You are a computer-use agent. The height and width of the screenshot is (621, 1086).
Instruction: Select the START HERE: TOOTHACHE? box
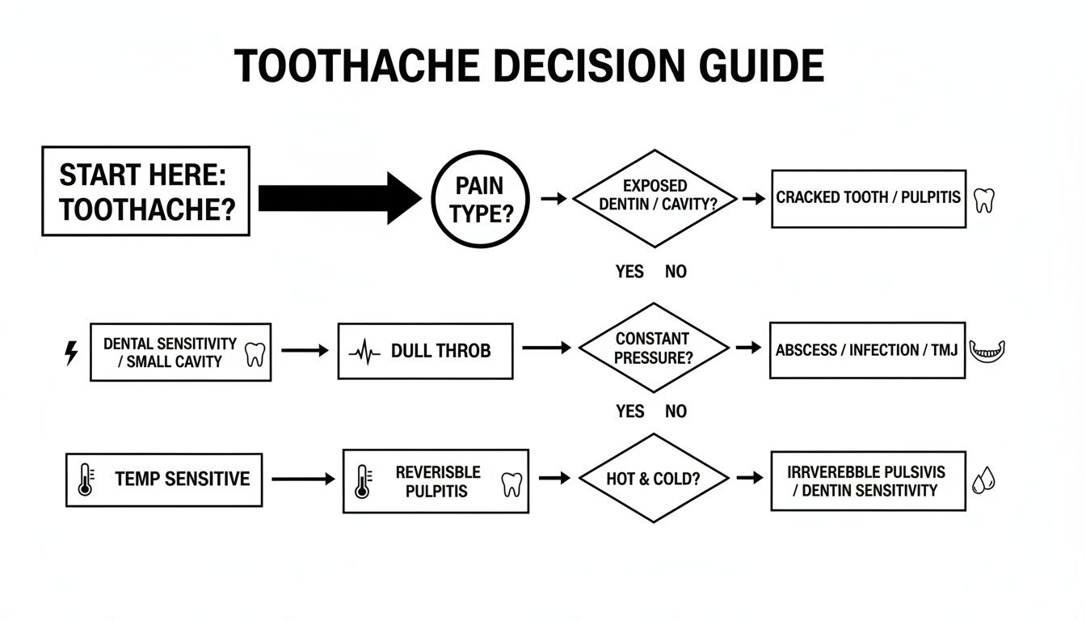point(145,191)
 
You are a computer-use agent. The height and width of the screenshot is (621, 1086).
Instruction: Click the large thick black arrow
point(339,198)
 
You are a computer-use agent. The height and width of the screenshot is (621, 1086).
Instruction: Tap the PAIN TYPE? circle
point(479,198)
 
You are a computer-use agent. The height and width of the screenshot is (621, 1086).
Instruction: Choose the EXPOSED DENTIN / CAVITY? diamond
point(655,197)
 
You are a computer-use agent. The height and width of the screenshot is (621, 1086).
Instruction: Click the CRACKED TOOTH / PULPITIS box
point(868,198)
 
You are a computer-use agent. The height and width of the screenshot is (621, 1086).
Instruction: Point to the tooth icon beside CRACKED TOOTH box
point(983,200)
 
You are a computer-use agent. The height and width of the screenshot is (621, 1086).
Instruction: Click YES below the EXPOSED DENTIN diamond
point(629,272)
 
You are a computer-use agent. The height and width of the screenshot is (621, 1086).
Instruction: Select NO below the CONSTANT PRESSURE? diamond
point(676,412)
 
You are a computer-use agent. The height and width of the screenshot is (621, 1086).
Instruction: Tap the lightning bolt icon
point(71,353)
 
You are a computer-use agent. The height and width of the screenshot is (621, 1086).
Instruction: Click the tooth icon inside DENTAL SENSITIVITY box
point(255,353)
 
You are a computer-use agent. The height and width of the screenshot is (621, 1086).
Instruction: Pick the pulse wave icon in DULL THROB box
point(364,353)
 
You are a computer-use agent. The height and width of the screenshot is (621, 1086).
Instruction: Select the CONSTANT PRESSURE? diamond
point(653,349)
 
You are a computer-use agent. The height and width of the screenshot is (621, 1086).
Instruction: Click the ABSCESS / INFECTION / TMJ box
point(867,350)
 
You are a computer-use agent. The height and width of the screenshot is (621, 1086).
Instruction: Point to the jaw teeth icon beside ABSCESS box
point(987,351)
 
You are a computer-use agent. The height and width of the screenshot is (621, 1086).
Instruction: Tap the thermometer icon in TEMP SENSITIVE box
point(85,479)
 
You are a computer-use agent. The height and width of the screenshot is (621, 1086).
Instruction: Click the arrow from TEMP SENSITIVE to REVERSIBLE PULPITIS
point(303,479)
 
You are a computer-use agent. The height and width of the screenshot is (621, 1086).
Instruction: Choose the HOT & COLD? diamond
point(654,479)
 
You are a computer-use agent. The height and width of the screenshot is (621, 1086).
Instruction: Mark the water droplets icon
point(983,480)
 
